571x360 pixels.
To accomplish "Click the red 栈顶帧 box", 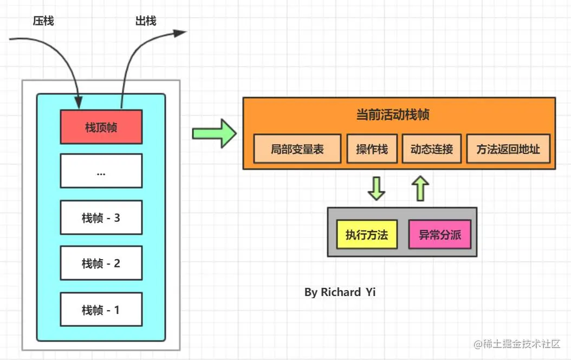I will [101, 127].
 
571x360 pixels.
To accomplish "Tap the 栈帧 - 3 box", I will [101, 217].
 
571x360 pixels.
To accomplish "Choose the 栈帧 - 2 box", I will [101, 263].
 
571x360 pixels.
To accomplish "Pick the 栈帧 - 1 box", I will [101, 310].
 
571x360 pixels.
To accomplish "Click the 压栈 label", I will [43, 21].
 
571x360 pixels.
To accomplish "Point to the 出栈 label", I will [145, 21].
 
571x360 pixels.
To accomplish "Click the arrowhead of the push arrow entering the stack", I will [79, 102].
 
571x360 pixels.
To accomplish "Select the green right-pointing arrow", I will [214, 133].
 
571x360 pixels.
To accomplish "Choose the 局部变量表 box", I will [297, 149].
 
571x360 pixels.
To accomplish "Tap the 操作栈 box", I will [372, 149].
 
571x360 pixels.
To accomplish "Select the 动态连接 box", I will [431, 149].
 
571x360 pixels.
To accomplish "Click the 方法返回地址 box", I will [508, 149].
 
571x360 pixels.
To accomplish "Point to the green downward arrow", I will [376, 188].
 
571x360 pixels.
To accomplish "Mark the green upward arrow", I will [420, 188].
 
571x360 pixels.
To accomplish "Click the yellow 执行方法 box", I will [366, 235].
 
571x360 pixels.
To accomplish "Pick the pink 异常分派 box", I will [439, 235].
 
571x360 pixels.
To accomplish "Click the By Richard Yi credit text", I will [340, 292].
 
